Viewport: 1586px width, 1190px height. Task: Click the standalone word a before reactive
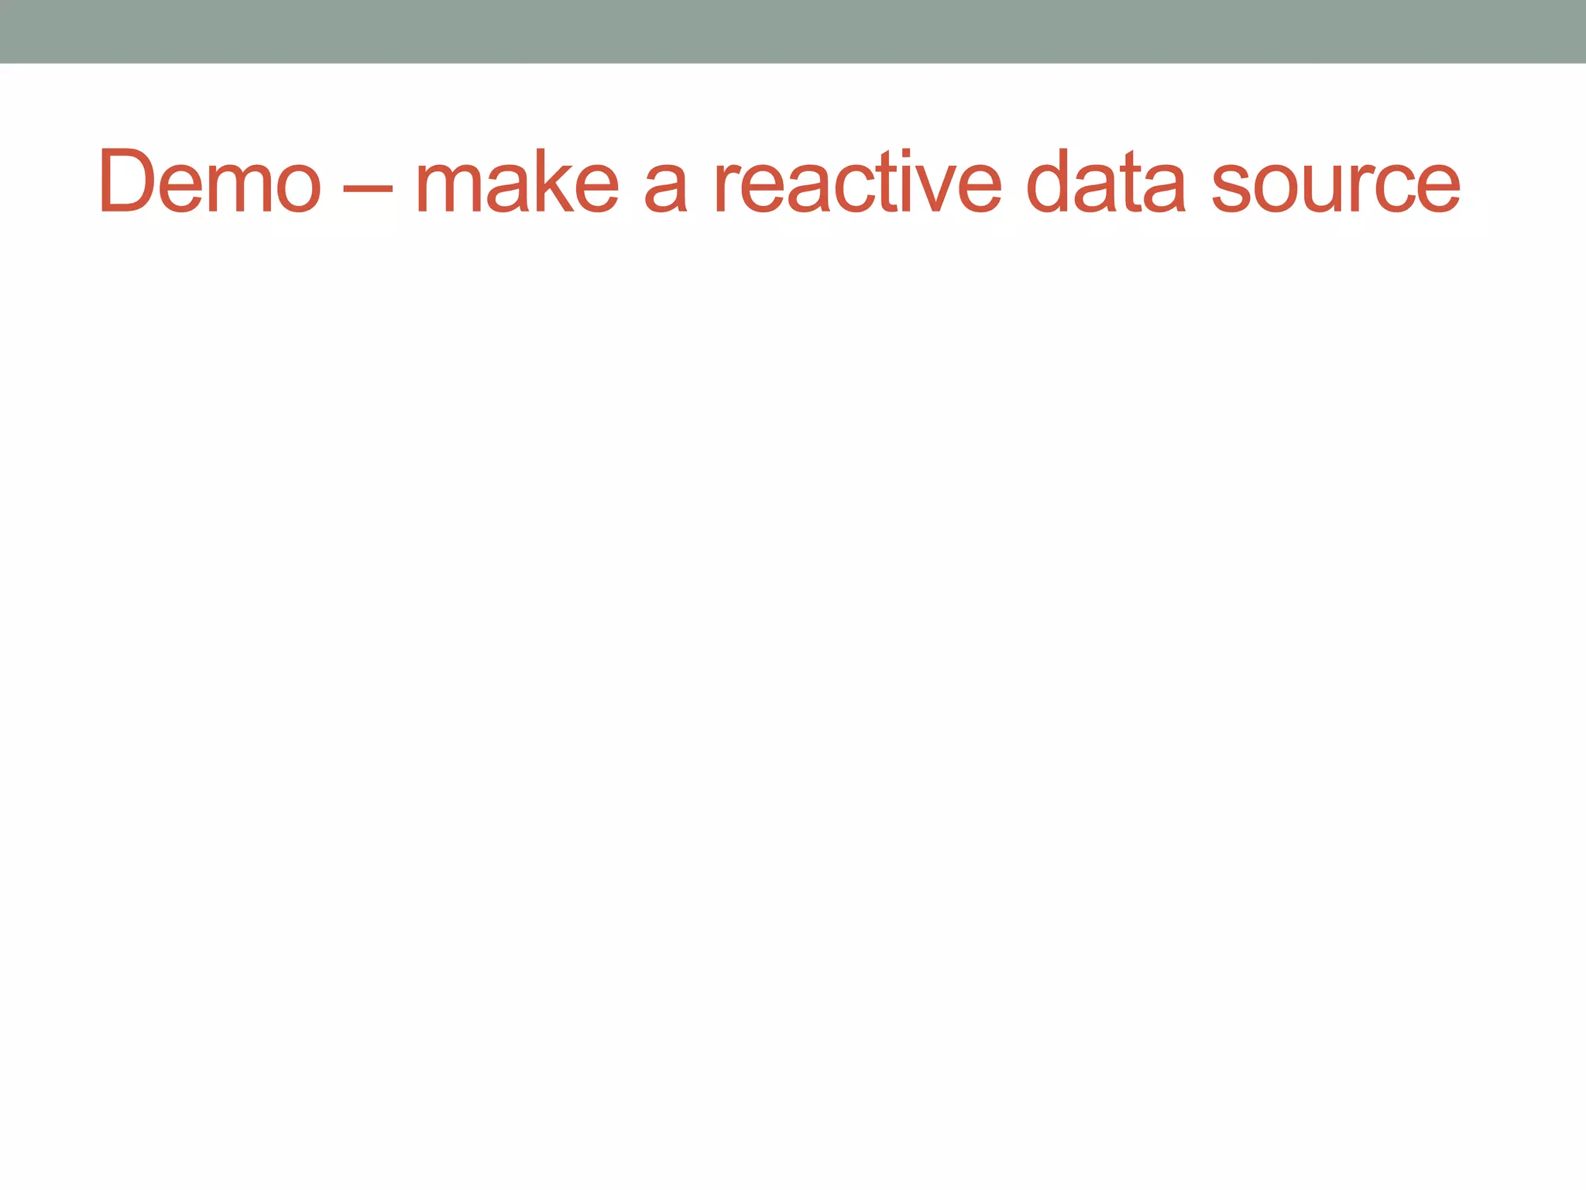coord(666,189)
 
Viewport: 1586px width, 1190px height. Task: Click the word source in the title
coord(1336,189)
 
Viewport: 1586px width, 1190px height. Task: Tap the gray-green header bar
coord(793,31)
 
